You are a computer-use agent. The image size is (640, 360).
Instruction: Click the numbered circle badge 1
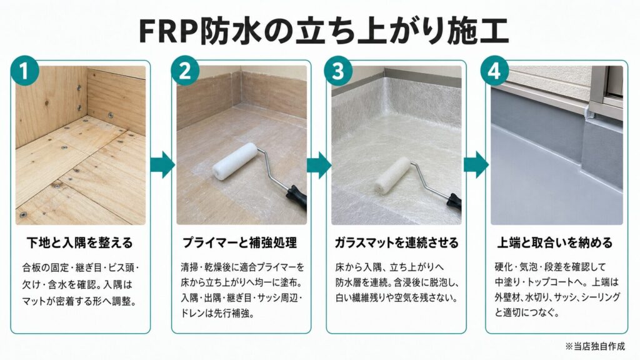[x=24, y=71]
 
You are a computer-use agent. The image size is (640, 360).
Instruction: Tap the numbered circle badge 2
[x=185, y=71]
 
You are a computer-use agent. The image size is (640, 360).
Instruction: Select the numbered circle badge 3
[x=338, y=71]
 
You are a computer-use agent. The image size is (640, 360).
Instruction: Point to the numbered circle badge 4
[x=494, y=71]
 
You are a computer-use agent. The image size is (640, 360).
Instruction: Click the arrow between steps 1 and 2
[x=162, y=164]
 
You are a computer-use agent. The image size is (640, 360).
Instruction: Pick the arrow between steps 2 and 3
[x=319, y=164]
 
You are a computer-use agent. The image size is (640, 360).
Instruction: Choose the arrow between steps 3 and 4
[x=476, y=164]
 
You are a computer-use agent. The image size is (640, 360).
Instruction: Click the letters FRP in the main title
[x=169, y=31]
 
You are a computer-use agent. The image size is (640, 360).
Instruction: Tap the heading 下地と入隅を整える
[x=80, y=243]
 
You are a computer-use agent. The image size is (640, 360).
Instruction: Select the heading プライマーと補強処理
[x=239, y=243]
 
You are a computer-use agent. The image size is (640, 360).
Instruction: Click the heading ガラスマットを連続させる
[x=397, y=243]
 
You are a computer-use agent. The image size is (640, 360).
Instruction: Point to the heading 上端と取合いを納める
[x=555, y=243]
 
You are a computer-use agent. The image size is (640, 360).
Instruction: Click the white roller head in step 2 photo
[x=235, y=161]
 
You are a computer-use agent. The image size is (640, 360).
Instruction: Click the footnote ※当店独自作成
[x=595, y=346]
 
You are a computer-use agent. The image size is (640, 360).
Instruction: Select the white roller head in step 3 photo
[x=392, y=176]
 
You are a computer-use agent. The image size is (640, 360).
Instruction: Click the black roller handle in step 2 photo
[x=296, y=197]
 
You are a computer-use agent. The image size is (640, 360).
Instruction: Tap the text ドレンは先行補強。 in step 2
[x=218, y=314]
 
